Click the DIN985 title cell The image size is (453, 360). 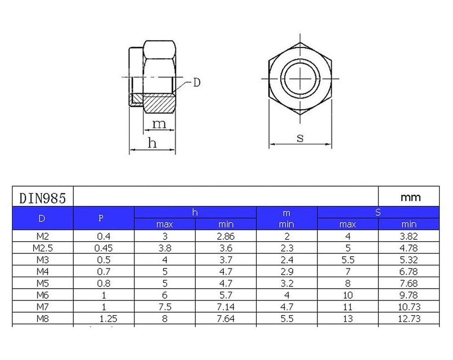(x=43, y=198)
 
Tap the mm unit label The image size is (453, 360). (x=410, y=198)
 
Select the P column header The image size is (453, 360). (x=101, y=219)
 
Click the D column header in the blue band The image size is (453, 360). (x=42, y=219)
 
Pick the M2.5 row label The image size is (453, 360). (x=43, y=248)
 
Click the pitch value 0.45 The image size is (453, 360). (x=103, y=248)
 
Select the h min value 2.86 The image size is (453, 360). (x=226, y=237)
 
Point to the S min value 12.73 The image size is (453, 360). (x=409, y=319)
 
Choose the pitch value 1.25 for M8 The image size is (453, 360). (x=108, y=319)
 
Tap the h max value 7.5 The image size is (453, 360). (x=165, y=307)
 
